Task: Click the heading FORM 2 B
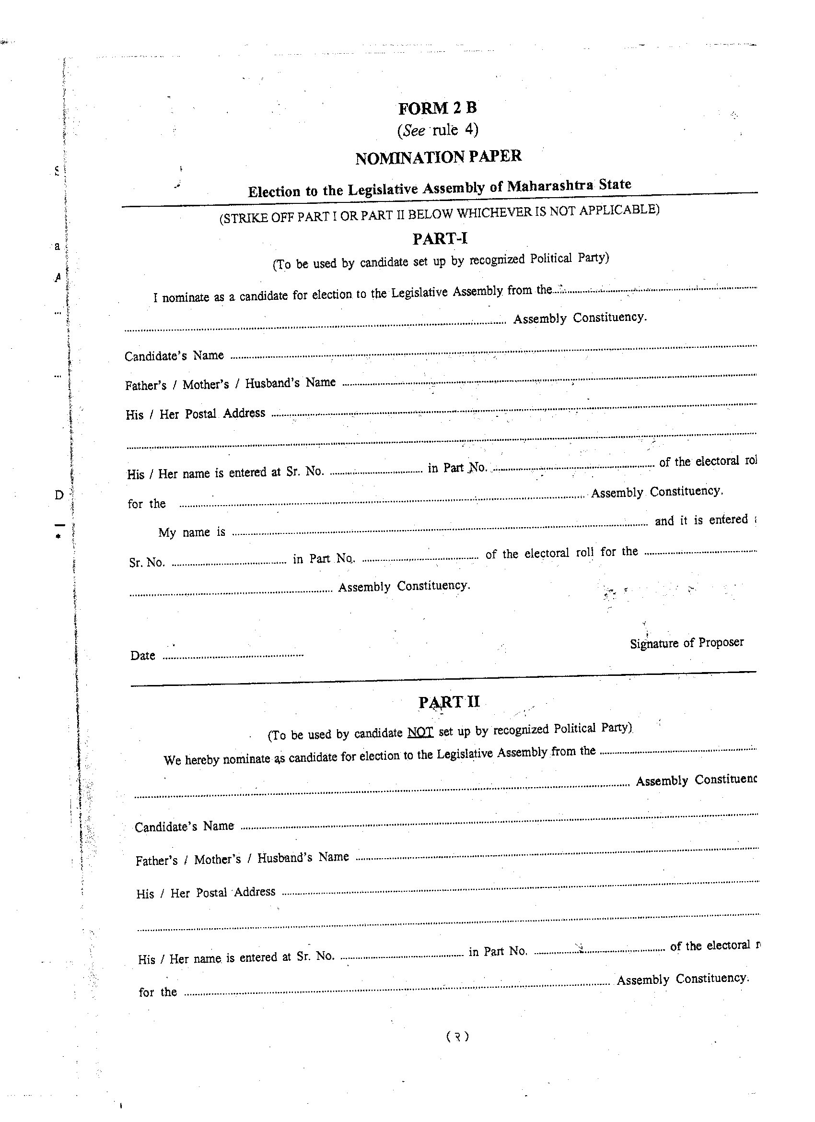[x=437, y=108]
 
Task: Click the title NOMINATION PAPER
[x=438, y=157]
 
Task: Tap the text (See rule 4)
[x=438, y=130]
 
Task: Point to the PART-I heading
[x=440, y=239]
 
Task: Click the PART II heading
[x=449, y=702]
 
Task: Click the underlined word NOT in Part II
[x=420, y=732]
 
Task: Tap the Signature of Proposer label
[x=687, y=643]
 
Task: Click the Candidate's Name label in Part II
[x=184, y=827]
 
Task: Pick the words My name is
[x=191, y=533]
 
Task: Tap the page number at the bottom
[x=457, y=1037]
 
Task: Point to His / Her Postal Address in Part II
[x=205, y=893]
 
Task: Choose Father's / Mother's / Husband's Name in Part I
[x=230, y=384]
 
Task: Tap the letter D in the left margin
[x=59, y=495]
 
